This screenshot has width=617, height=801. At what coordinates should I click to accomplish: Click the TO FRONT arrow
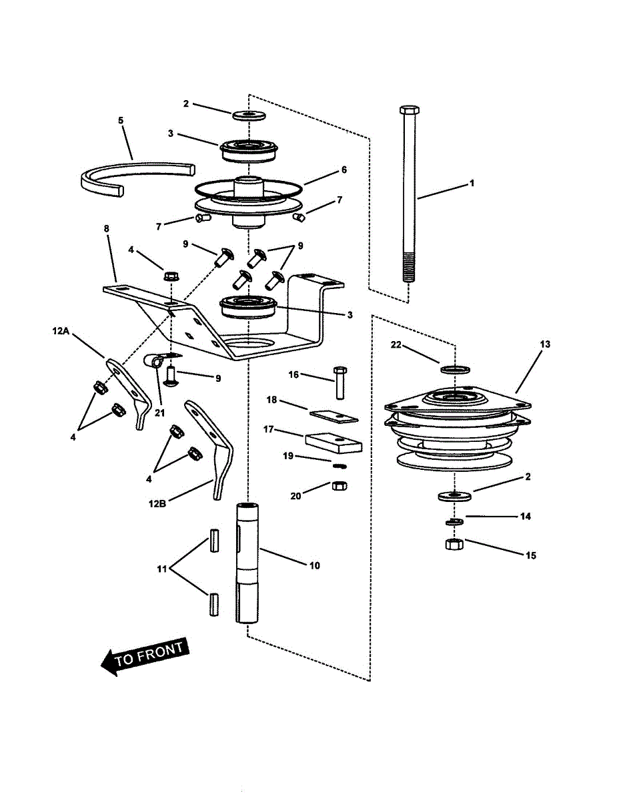click(x=143, y=656)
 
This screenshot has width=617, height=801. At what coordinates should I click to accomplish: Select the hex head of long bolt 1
click(x=408, y=109)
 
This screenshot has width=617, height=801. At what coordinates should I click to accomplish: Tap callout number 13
click(x=545, y=344)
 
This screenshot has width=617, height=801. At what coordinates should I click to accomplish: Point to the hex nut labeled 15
click(x=454, y=544)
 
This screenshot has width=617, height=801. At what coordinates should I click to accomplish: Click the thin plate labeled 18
click(x=334, y=415)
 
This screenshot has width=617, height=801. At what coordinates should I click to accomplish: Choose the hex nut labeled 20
click(x=338, y=486)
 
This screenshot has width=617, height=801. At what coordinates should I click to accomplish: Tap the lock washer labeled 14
click(x=455, y=521)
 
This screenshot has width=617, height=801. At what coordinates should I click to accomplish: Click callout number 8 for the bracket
click(x=106, y=228)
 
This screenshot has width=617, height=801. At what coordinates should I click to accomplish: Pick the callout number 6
click(x=344, y=170)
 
